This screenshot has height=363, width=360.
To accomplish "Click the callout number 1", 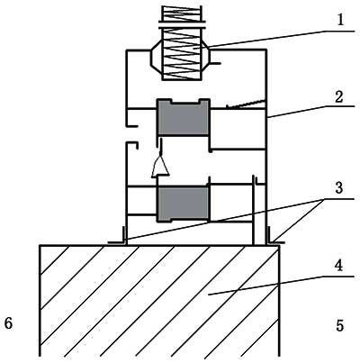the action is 339,21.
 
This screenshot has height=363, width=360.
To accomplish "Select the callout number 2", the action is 339,97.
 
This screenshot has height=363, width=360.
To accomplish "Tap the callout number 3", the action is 339,188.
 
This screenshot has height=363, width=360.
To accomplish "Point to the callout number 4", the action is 338,266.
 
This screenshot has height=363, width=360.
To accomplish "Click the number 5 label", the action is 340,325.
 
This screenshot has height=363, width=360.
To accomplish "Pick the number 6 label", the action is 8,323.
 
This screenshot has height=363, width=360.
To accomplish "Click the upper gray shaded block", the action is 183,117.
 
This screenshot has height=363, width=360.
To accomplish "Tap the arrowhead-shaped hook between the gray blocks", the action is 160,165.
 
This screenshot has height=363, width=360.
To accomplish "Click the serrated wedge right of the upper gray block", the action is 246,104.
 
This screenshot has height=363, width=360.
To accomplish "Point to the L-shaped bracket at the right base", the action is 274,236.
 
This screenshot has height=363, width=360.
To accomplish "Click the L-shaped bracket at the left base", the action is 118,236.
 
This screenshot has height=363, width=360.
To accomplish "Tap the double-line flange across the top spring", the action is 182,24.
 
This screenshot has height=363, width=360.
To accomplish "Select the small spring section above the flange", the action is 181,14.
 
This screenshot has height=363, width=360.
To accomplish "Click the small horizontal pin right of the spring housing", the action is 215,63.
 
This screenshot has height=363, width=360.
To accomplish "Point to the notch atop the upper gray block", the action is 184,102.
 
